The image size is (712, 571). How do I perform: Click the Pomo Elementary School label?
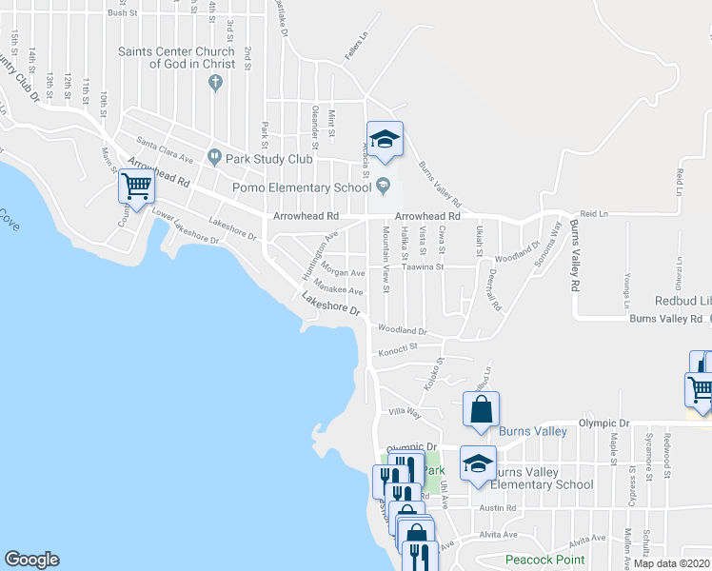(x=302, y=187)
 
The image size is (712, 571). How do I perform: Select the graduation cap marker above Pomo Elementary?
(x=385, y=139)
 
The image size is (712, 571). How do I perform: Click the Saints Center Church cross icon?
(x=216, y=82)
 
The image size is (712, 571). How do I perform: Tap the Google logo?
(x=31, y=560)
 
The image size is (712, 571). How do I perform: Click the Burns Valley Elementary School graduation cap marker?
(x=478, y=463)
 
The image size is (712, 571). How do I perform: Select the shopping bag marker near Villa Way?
(x=482, y=409)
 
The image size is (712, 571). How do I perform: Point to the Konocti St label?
(x=398, y=351)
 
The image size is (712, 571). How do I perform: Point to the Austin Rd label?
(x=498, y=508)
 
